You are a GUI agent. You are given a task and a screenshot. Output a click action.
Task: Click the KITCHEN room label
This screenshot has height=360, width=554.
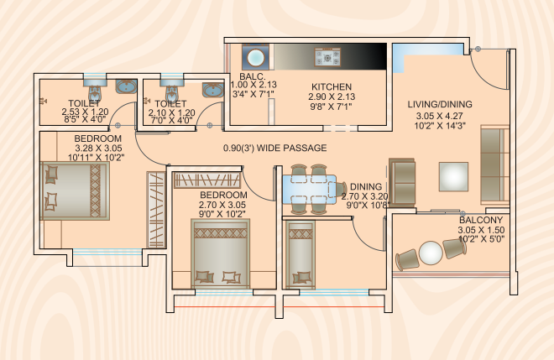click(332, 87)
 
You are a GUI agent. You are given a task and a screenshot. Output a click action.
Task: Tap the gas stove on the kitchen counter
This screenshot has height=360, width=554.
click(327, 57)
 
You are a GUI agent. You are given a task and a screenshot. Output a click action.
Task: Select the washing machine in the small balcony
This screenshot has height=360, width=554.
click(255, 57)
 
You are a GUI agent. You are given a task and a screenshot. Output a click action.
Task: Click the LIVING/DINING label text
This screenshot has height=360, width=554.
click(440, 104)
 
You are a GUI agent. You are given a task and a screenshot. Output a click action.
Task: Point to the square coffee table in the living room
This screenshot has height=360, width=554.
click(453, 177)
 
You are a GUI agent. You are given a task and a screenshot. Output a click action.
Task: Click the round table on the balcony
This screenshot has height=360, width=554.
click(431, 253)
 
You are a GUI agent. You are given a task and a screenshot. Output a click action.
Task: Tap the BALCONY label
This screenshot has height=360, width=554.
click(481, 220)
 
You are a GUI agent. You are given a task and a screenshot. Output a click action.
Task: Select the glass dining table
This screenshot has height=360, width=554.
click(310, 190)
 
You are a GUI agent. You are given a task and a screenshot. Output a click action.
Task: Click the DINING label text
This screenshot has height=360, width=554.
click(366, 186)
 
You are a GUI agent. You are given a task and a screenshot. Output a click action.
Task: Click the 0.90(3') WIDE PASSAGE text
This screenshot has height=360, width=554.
click(274, 148)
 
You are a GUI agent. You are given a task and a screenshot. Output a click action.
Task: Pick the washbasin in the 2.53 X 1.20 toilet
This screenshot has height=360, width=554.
click(127, 86)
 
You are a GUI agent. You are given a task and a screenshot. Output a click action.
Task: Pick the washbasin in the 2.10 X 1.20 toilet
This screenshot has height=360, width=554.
click(213, 90)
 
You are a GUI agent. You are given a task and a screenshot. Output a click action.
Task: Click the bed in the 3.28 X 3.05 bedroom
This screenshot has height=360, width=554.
click(75, 190)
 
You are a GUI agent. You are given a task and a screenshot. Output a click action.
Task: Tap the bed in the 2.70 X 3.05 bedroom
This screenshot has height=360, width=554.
click(221, 253)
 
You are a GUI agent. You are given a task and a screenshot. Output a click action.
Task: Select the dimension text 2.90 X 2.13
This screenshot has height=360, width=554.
click(332, 97)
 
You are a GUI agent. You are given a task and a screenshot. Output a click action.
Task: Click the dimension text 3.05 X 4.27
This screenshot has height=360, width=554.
click(440, 116)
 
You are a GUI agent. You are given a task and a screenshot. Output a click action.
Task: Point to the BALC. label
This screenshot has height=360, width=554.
click(253, 76)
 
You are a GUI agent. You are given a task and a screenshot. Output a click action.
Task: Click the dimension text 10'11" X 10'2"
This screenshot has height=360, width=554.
click(96, 158)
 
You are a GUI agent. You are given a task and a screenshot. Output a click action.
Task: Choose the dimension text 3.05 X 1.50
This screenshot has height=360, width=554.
click(481, 230)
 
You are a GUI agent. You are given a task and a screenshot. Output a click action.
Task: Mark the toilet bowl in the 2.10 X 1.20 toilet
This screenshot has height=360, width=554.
click(172, 91)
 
